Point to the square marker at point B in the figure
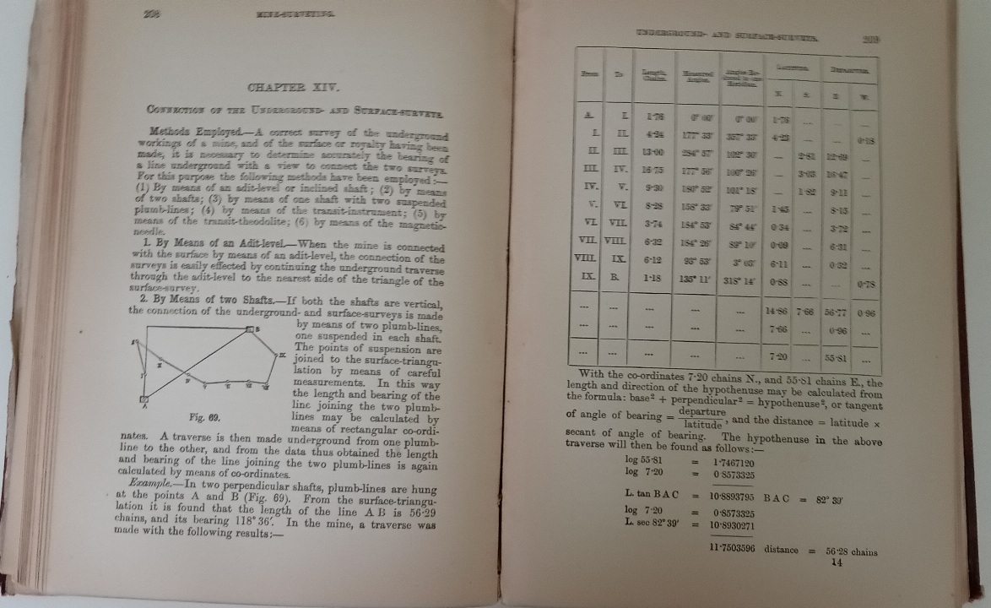[251, 328]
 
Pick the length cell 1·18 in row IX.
[649, 277]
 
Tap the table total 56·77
[836, 312]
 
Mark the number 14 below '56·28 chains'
[837, 564]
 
